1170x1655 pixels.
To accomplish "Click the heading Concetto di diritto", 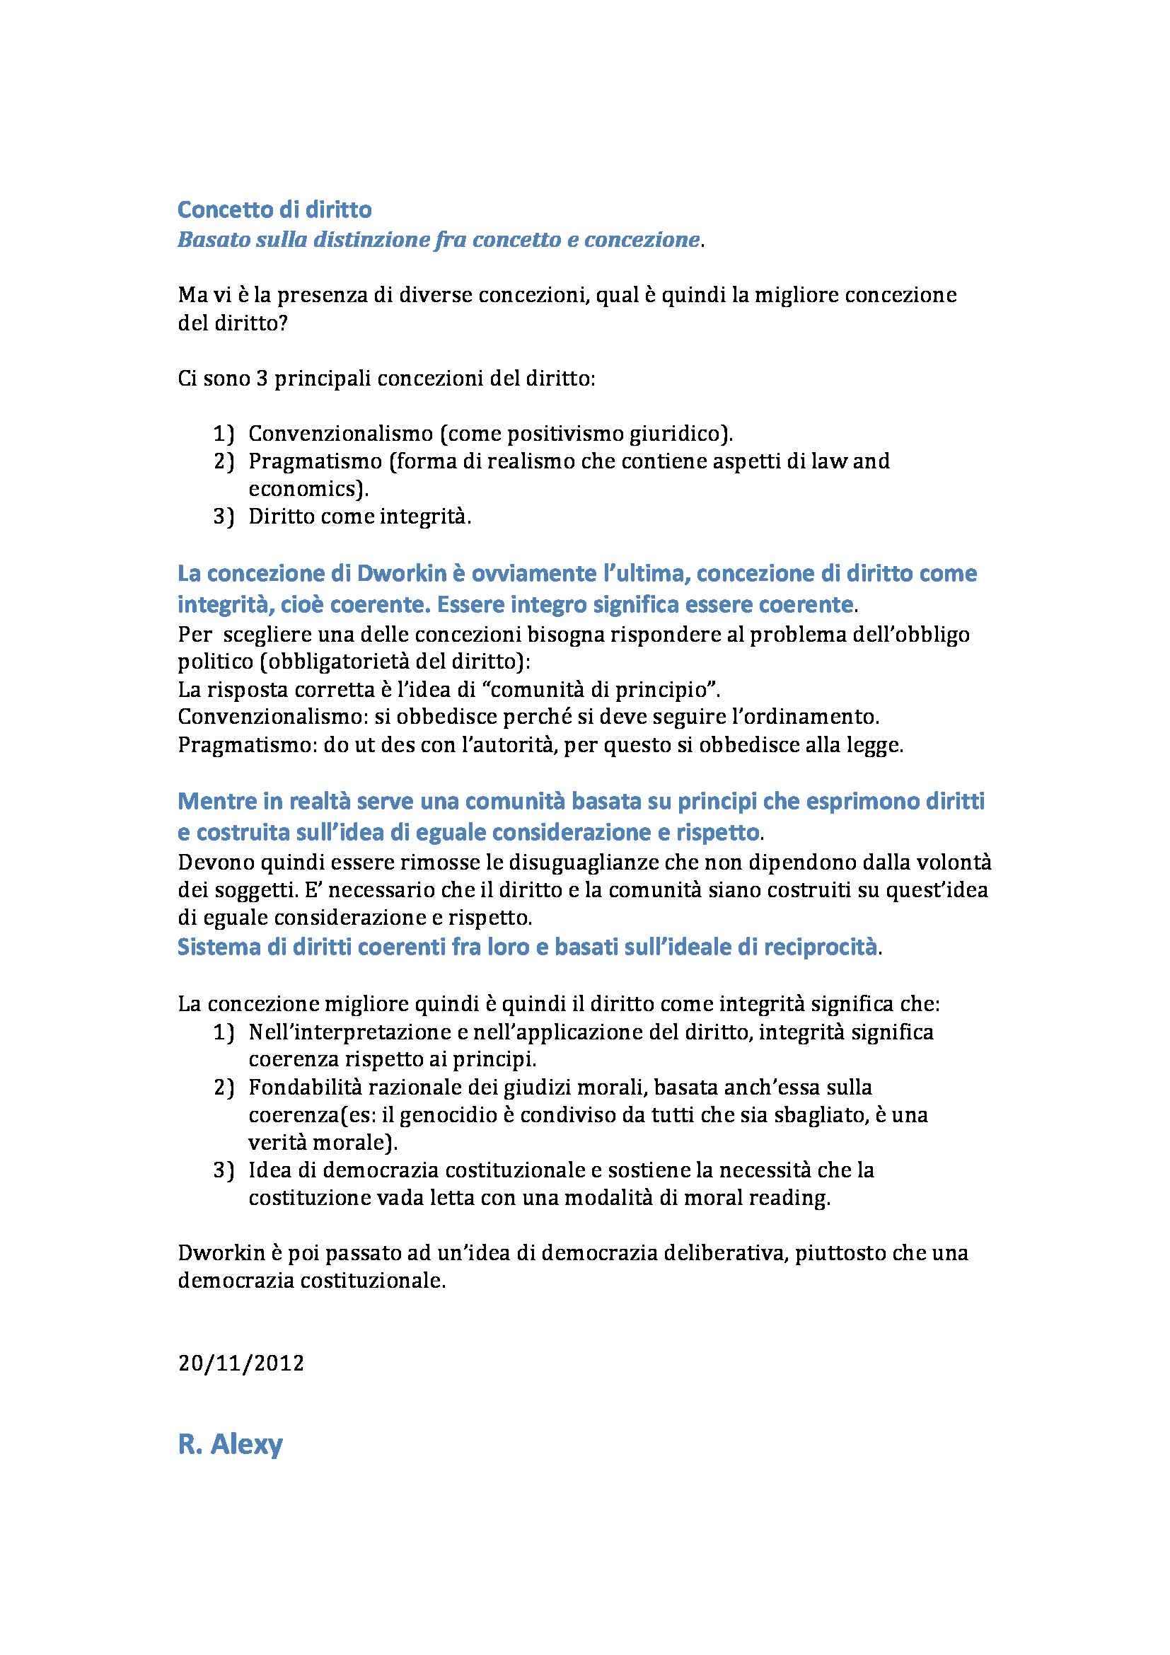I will coord(274,209).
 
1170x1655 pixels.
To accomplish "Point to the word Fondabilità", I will coord(307,1087).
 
